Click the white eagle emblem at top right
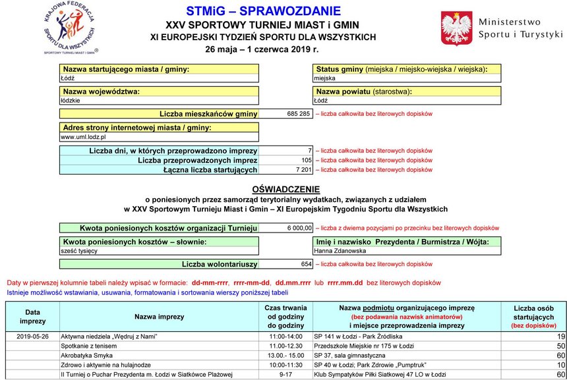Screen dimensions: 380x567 point(455,28)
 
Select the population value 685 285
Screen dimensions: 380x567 point(298,114)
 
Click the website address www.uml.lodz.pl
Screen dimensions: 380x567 point(84,136)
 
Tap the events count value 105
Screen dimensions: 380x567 point(306,160)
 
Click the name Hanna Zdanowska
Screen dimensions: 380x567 point(340,251)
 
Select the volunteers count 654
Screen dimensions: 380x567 point(306,264)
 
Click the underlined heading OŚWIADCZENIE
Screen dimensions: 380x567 point(285,188)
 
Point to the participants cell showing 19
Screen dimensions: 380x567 point(560,336)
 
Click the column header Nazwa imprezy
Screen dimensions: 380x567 point(159,317)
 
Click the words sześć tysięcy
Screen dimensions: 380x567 point(79,251)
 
